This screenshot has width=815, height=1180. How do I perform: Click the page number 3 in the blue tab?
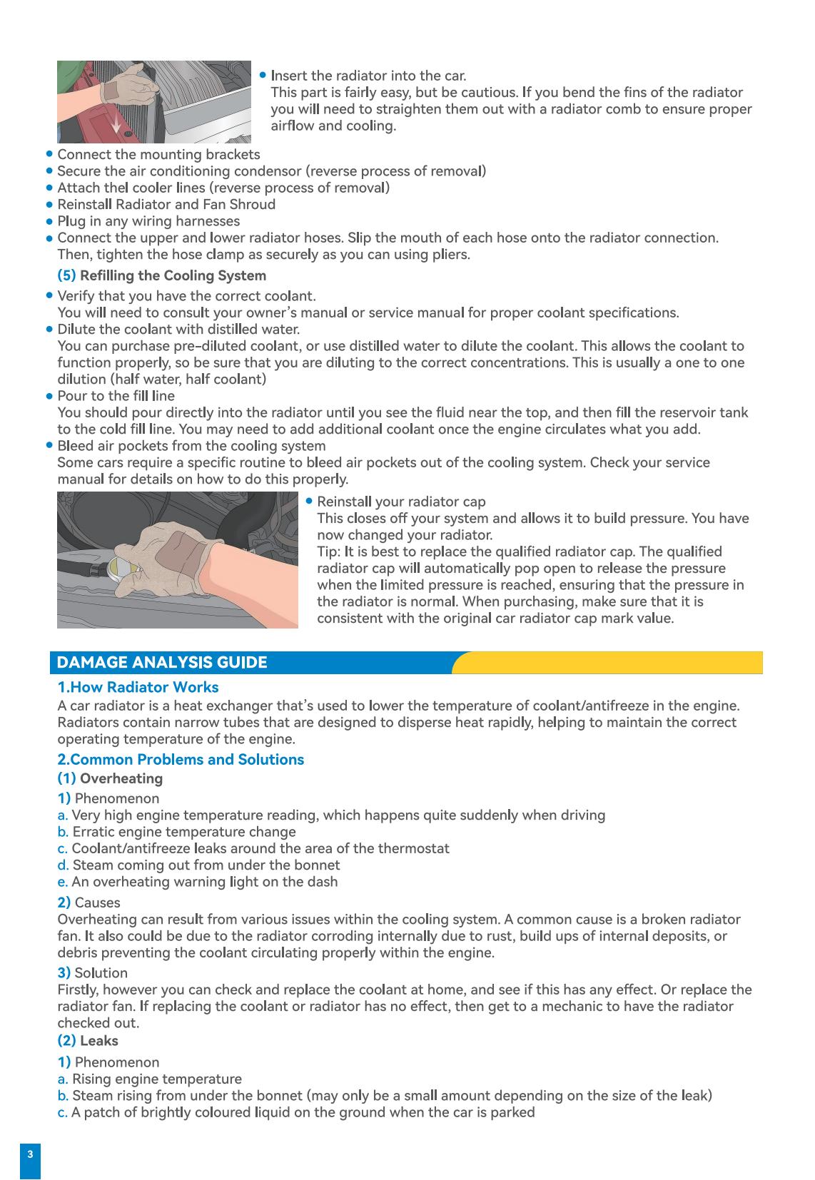click(x=30, y=1154)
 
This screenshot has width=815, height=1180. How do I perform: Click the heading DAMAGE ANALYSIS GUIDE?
click(x=161, y=663)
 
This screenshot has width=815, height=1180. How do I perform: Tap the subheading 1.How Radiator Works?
click(x=138, y=687)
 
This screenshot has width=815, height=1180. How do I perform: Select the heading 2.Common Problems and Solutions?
click(x=181, y=759)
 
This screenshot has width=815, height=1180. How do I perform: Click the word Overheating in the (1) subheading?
click(x=121, y=778)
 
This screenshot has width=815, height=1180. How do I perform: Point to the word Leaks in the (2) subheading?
click(x=99, y=1040)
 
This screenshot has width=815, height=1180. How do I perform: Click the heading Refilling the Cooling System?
click(x=173, y=275)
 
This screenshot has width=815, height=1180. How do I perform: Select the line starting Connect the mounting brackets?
click(x=158, y=155)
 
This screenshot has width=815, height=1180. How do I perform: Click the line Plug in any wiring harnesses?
click(x=148, y=221)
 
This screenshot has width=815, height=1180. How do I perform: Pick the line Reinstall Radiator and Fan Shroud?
click(x=166, y=205)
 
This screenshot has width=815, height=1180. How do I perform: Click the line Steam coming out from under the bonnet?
click(x=206, y=865)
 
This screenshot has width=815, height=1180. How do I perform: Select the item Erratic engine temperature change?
click(x=184, y=832)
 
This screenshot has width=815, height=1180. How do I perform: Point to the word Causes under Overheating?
click(x=98, y=902)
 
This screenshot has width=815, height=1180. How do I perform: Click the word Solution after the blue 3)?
click(x=101, y=973)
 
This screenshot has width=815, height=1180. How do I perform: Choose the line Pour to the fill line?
click(x=116, y=396)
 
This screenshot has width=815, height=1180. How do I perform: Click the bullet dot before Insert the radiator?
click(x=263, y=75)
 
